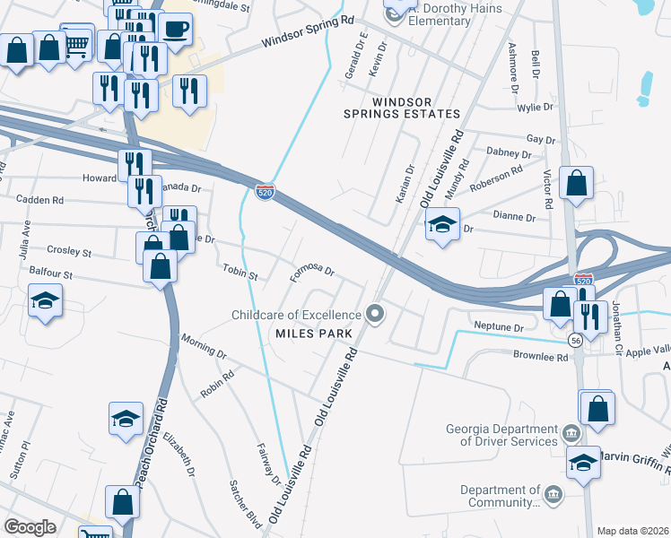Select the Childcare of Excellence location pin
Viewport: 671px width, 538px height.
376,314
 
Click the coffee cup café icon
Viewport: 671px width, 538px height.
175,29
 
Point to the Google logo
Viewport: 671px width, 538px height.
30,527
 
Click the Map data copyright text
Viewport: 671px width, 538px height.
633,531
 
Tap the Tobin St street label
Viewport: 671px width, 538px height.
240,272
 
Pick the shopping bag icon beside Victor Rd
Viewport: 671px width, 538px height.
576,184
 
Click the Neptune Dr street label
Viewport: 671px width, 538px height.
499,327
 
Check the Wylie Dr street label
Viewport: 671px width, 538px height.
536,108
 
